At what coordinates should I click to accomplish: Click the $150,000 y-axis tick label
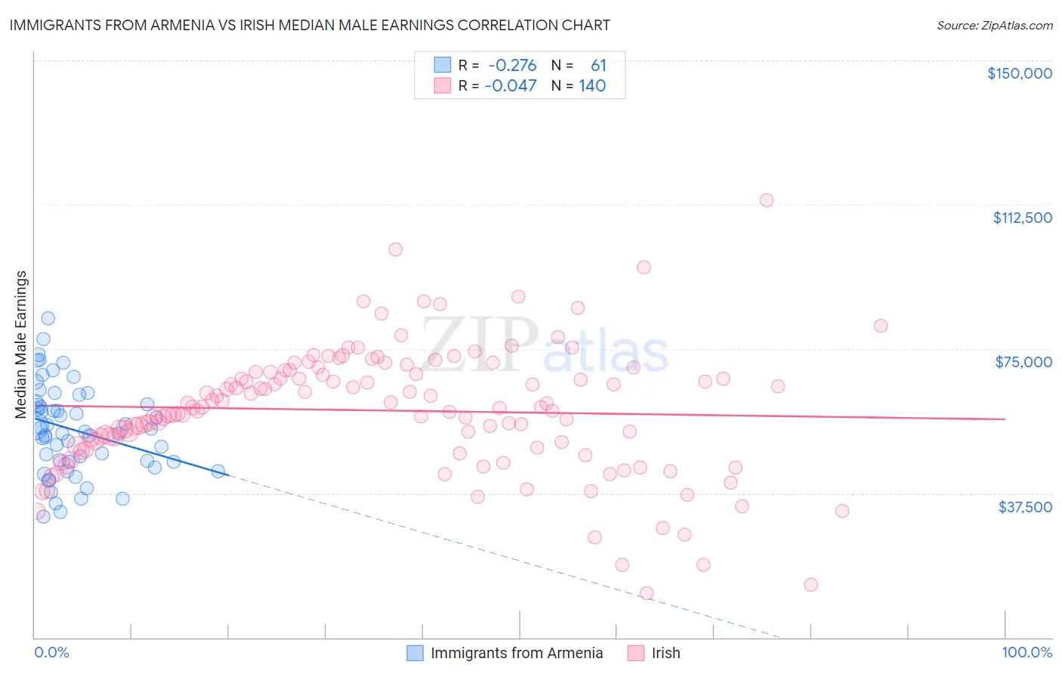[x=1019, y=73]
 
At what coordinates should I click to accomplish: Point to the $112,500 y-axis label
[x=1022, y=218]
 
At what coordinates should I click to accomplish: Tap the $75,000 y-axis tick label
[x=1023, y=362]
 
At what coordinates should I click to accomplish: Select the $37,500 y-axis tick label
[x=1025, y=506]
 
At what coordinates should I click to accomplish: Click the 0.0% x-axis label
[x=51, y=652]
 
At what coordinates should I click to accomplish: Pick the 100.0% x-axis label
[x=1026, y=652]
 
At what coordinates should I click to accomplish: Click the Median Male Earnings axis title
[x=21, y=344]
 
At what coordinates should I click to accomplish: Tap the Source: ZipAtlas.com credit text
[x=994, y=26]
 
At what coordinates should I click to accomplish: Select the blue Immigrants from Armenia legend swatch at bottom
[x=415, y=653]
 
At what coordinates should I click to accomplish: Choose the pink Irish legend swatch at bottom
[x=636, y=653]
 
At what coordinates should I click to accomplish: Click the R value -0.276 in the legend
[x=512, y=66]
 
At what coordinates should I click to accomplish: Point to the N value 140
[x=592, y=85]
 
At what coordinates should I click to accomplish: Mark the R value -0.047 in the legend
[x=511, y=85]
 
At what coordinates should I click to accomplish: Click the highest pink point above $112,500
[x=767, y=200]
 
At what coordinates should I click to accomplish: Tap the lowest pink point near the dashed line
[x=647, y=593]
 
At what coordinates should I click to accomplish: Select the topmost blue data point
[x=48, y=318]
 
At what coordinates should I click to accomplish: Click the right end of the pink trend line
[x=1005, y=419]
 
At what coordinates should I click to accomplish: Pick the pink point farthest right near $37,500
[x=842, y=511]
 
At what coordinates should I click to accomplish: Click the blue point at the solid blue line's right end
[x=218, y=471]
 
